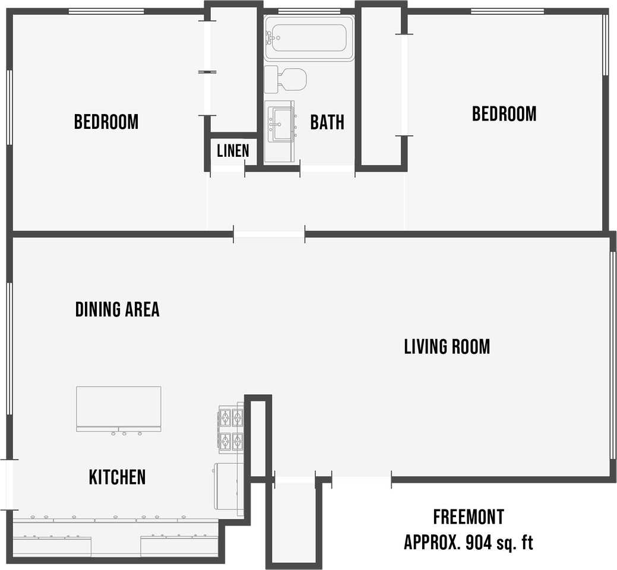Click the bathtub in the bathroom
[x=309, y=38]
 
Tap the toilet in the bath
[x=285, y=80]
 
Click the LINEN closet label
[x=233, y=151]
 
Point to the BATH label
[x=327, y=122]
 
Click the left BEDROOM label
[x=106, y=122]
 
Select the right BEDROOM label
[x=504, y=113]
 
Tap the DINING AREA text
[x=117, y=309]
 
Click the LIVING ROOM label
[x=447, y=347]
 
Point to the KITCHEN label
[x=117, y=477]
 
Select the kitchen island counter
[x=118, y=408]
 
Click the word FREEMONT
[x=469, y=517]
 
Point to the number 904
[x=479, y=543]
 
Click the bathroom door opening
[x=327, y=169]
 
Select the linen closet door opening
[x=227, y=169]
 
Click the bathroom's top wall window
[x=309, y=11]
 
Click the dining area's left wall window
[x=10, y=349]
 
